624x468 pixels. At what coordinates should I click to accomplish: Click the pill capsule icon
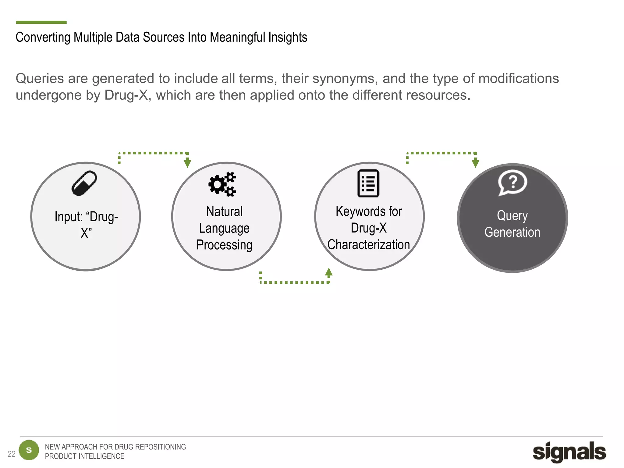pos(84,183)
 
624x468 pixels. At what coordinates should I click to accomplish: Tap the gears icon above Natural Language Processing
pos(222,184)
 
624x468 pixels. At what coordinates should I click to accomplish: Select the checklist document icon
pos(368,183)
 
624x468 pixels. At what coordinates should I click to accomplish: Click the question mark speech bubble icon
pos(512,183)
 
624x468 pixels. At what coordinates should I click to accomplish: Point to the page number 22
pos(11,454)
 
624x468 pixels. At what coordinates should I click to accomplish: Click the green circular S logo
pos(29,450)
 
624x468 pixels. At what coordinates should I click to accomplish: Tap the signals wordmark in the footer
pos(569,452)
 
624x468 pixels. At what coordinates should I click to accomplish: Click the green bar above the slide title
pos(41,22)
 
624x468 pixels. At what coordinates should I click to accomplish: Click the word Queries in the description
pos(40,79)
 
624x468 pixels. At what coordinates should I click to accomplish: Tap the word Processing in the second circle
pos(224,245)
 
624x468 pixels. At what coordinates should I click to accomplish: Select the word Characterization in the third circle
pos(368,245)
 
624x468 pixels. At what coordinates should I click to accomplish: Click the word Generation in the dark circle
pos(512,232)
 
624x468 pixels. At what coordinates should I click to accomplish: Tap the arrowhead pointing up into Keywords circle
pos(329,272)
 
